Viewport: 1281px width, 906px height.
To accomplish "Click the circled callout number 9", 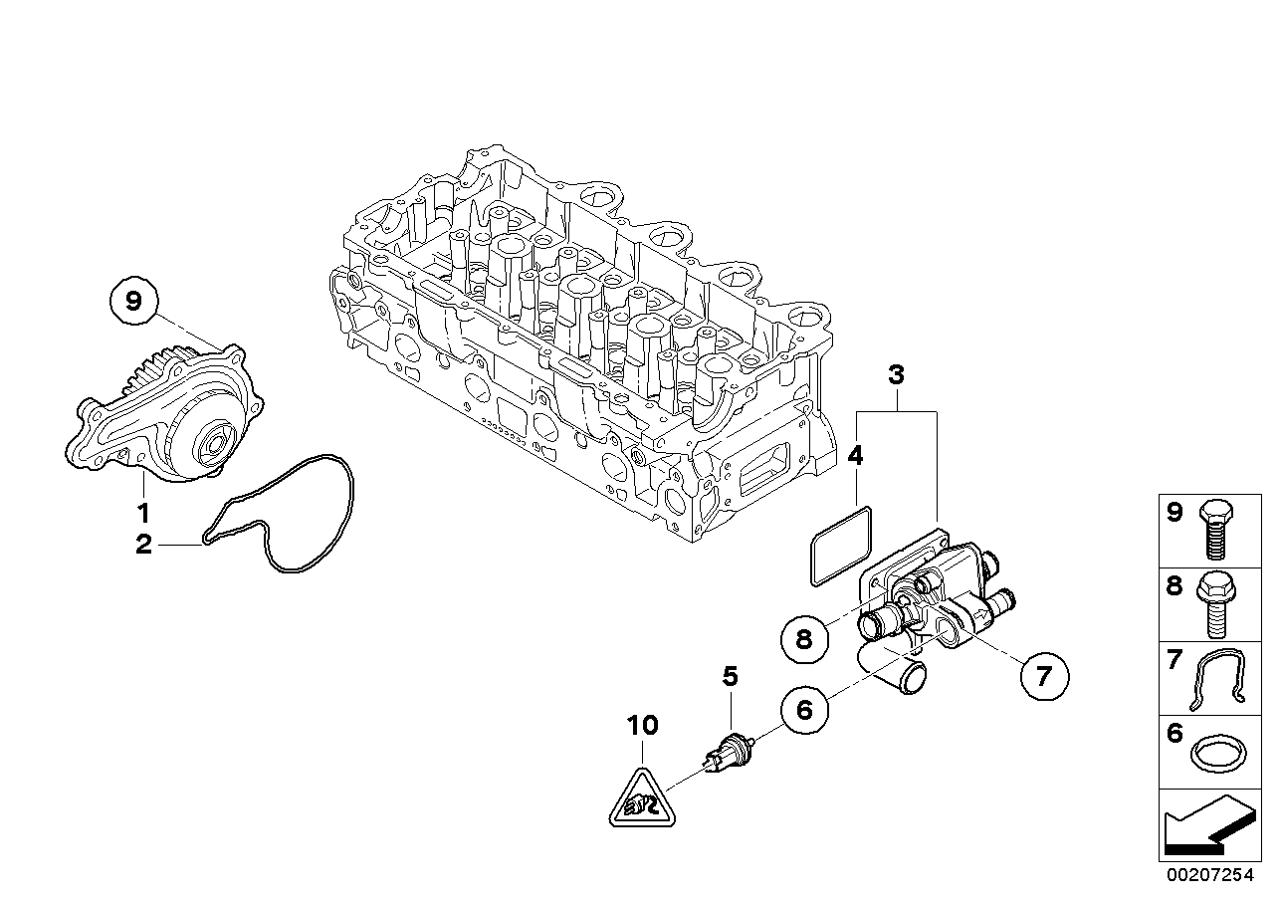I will click(134, 298).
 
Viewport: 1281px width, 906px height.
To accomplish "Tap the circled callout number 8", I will click(804, 639).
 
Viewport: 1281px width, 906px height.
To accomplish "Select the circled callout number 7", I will click(1042, 677).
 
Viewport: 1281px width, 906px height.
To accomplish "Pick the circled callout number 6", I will click(804, 709).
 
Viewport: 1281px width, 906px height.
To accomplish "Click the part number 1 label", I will click(143, 514).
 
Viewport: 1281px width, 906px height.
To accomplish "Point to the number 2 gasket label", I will click(143, 545).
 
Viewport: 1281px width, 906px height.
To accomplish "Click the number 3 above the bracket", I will click(896, 376).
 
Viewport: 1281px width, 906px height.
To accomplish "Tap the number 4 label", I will click(855, 456).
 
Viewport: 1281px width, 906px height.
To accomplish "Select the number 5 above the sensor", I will click(730, 677).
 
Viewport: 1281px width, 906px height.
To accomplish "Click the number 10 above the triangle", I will click(643, 725).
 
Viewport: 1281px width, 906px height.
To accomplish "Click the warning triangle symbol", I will click(642, 800).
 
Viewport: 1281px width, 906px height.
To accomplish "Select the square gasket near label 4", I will click(841, 545).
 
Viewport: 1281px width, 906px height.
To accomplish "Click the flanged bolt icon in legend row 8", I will click(1216, 604).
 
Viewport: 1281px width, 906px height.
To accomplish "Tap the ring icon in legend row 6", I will click(1216, 753).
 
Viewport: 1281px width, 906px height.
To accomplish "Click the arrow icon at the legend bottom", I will click(1206, 825).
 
